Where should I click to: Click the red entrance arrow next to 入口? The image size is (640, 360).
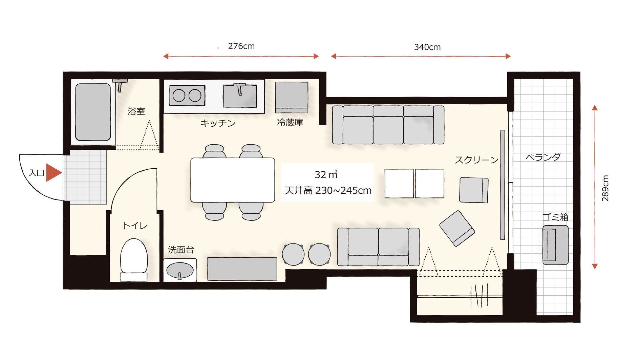tap(54, 173)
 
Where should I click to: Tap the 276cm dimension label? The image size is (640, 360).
tap(241, 46)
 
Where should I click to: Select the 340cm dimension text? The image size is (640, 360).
tap(427, 47)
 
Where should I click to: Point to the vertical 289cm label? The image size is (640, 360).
tap(605, 188)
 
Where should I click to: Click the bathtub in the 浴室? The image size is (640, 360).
tap(93, 112)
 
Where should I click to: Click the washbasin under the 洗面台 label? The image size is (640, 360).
tap(180, 271)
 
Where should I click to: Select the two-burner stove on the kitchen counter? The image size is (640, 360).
tap(187, 96)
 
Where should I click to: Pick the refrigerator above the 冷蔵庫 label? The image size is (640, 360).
tap(291, 97)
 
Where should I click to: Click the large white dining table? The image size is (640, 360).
tap(232, 180)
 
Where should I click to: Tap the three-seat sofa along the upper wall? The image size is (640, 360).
tap(388, 125)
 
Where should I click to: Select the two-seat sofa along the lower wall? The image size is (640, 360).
tap(378, 247)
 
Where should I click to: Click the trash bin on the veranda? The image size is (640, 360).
tap(555, 245)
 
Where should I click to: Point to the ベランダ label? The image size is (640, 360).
tap(543, 157)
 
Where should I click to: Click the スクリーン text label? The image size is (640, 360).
tap(476, 160)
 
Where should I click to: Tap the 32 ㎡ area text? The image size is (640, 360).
tap(326, 174)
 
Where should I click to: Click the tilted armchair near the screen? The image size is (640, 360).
tap(457, 228)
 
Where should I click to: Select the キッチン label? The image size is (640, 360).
tap(217, 123)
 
